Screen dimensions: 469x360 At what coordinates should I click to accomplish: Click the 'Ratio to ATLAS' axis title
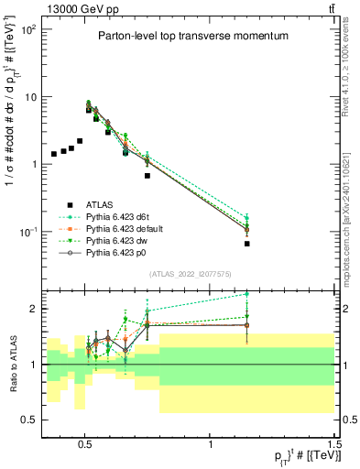tap(12, 365)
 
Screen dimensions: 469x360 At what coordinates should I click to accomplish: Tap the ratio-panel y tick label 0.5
tap(31, 420)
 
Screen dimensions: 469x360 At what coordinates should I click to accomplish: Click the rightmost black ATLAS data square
tap(247, 244)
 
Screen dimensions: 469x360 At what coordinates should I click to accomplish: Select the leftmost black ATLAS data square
tap(54, 154)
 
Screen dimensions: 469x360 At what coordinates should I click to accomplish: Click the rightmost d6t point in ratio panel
tap(247, 294)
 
